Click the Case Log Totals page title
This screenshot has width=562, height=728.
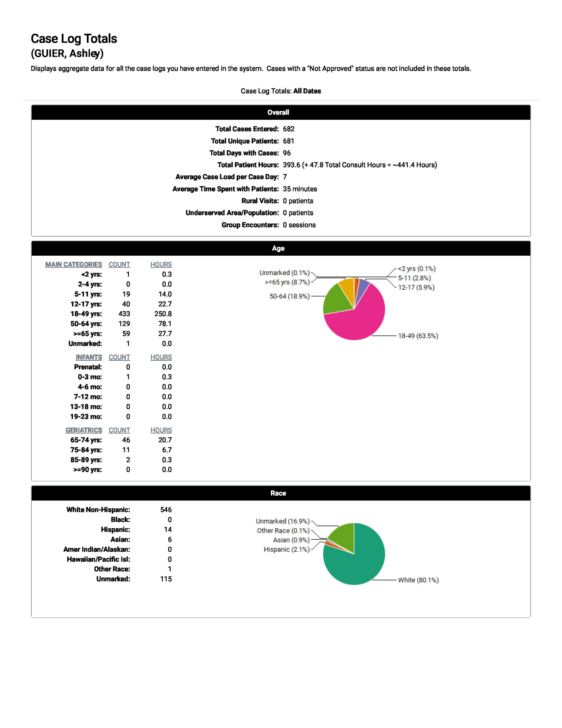click(74, 39)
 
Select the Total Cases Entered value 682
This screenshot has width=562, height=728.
click(288, 129)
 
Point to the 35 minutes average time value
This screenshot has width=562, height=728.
click(300, 189)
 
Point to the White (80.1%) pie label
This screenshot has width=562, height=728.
click(418, 580)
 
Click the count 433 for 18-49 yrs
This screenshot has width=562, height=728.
click(124, 314)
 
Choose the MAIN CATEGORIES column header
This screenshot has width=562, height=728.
click(74, 264)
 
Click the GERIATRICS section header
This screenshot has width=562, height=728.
click(84, 430)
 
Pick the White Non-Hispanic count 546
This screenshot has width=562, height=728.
click(166, 510)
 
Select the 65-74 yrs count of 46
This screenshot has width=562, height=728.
click(126, 440)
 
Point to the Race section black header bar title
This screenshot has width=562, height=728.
click(278, 493)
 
